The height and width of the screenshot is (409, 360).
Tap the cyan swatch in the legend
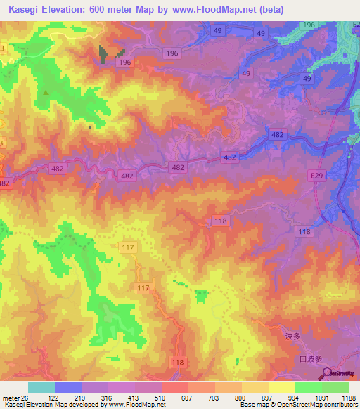pyautogui.click(x=41, y=387)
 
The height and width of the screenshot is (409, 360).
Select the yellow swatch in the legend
pyautogui.click(x=281, y=387)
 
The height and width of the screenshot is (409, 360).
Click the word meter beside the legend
pyautogui.click(x=9, y=397)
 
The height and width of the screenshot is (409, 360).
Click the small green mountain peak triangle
pyautogui.click(x=46, y=92)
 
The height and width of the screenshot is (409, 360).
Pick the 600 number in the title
pyautogui.click(x=101, y=9)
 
